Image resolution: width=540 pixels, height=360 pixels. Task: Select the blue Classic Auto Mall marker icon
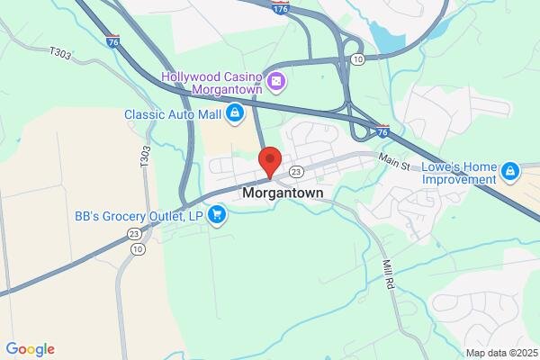tap(234, 114)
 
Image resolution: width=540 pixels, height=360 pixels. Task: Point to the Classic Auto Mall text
tap(173, 114)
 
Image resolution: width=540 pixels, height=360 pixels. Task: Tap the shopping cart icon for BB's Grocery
tap(216, 215)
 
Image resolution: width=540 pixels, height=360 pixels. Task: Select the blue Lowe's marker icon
tap(510, 170)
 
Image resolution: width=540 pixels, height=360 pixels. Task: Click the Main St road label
tap(393, 160)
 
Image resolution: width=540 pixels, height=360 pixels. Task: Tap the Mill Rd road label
tap(388, 273)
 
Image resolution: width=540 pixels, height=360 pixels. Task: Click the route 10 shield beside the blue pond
tap(357, 59)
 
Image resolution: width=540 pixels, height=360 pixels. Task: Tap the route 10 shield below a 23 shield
tap(137, 248)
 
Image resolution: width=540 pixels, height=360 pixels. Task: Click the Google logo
tap(30, 349)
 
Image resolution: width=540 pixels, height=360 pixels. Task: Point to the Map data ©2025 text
tap(500, 353)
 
